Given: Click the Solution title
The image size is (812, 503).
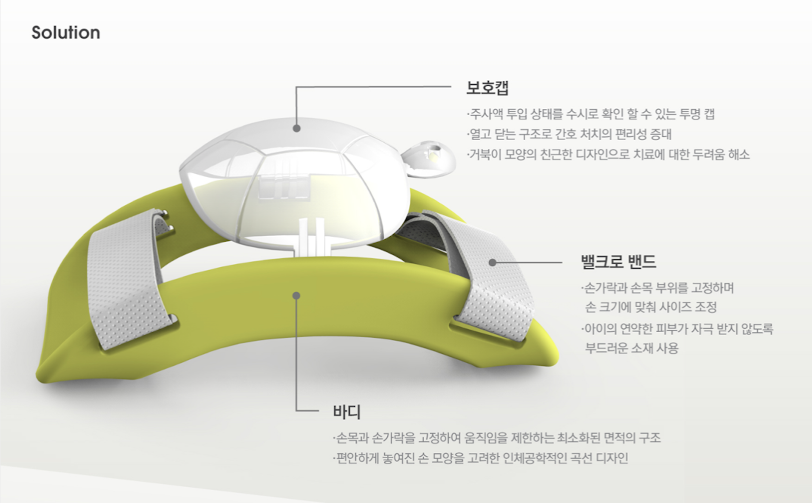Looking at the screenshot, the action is [66, 32].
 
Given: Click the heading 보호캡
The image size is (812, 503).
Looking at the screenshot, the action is [487, 88].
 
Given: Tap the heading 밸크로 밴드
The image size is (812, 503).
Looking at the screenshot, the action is [618, 261].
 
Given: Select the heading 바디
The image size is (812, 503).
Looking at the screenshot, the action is [347, 411].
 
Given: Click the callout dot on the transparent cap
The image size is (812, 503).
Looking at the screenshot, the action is [296, 128].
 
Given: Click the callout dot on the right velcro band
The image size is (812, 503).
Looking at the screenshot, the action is [492, 262].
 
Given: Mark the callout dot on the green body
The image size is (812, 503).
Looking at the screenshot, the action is [296, 296].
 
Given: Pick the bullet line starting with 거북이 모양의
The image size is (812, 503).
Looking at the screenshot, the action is [608, 155].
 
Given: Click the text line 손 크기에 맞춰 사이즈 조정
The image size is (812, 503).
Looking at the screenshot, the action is [650, 308].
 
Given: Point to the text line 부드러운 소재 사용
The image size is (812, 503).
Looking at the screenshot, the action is [632, 348].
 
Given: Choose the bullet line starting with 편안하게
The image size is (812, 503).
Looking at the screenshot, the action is [480, 459].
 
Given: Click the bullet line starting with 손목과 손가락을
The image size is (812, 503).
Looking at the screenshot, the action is [497, 438].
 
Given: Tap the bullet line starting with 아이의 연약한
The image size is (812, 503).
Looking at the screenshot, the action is [677, 329].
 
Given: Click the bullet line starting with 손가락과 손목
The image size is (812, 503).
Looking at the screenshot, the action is [658, 288].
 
